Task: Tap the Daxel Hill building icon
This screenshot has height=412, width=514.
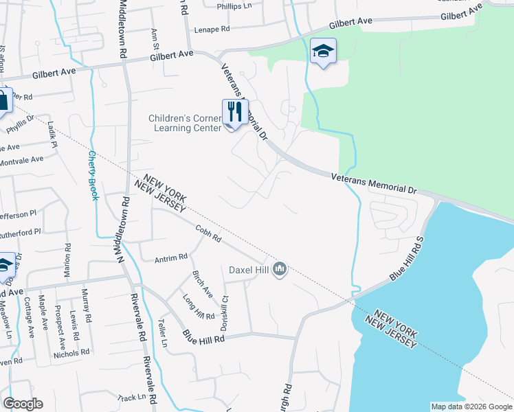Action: [x=279, y=268]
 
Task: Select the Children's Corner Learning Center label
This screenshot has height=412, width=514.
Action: [x=185, y=123]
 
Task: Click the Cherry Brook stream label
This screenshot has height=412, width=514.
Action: [x=93, y=175]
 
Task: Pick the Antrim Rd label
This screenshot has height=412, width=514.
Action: [x=171, y=257]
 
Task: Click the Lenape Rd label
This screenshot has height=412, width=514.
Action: [x=212, y=30]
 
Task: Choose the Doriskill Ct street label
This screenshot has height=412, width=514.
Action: [x=223, y=312]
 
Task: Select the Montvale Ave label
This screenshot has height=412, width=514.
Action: [x=22, y=159]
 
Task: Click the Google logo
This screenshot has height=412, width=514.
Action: [x=23, y=404]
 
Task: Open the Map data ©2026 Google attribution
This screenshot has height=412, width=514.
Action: [x=471, y=407]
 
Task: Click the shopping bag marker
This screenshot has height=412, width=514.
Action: [x=3, y=101]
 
